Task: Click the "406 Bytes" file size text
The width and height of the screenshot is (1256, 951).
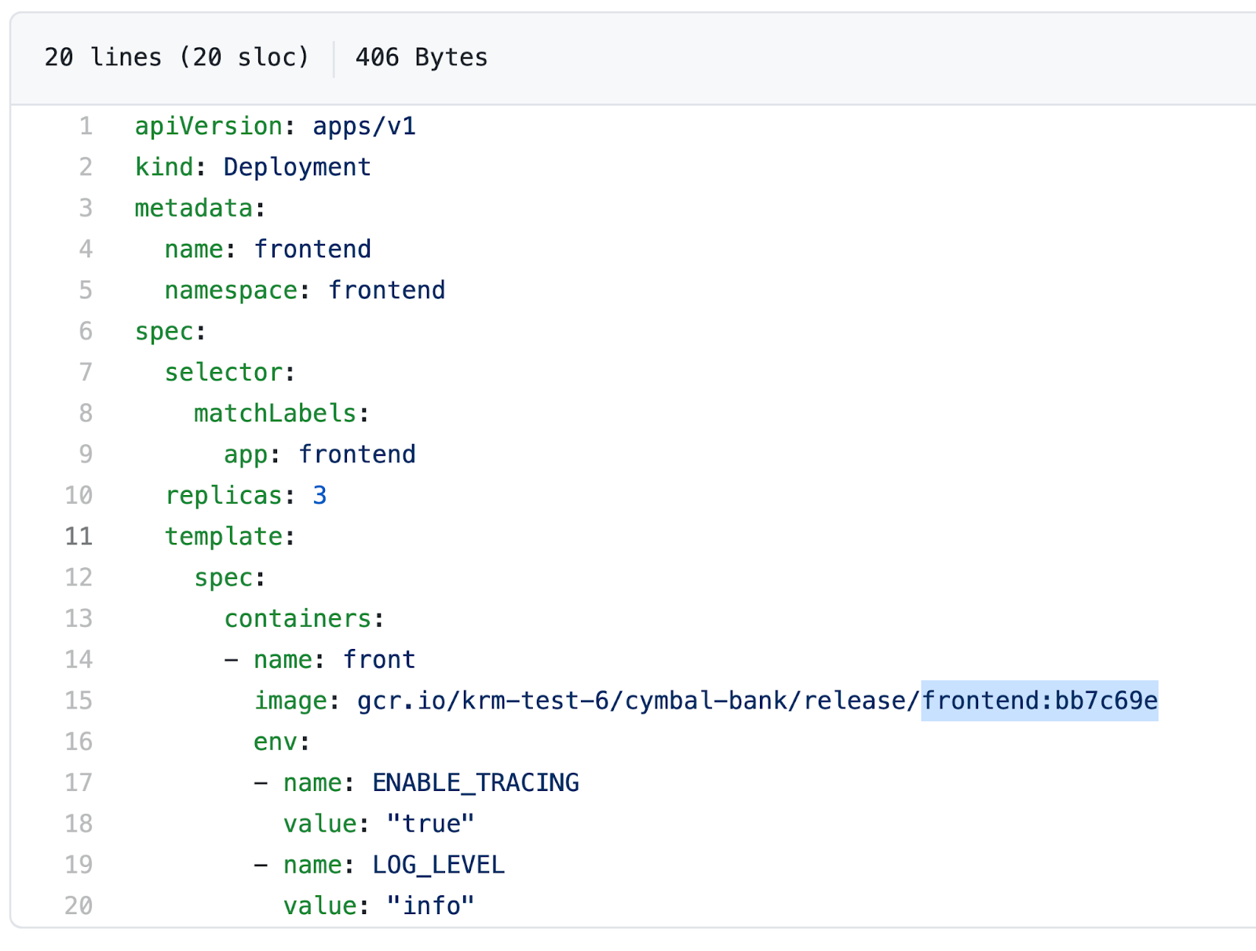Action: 421,57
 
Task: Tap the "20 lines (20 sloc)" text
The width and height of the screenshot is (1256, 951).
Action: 177,57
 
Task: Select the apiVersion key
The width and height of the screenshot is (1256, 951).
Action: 208,126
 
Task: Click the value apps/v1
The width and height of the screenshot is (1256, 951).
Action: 364,126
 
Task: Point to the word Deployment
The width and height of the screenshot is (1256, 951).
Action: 297,167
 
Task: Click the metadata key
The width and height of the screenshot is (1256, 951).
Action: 194,208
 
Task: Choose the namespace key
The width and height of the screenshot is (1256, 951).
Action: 231,290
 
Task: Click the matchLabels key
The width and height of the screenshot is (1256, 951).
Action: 275,414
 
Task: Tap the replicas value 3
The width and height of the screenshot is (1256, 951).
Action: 319,495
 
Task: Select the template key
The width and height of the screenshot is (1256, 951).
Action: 224,537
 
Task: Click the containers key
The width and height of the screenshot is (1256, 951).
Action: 298,618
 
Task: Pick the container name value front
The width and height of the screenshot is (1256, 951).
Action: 379,660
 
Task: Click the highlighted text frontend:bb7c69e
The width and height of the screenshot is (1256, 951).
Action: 1039,701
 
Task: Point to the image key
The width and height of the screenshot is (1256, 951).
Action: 290,701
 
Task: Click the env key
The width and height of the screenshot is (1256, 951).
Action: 276,741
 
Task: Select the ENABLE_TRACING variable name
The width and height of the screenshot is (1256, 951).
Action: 476,783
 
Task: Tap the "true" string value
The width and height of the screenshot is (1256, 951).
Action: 430,824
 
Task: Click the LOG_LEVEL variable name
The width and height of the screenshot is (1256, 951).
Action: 438,865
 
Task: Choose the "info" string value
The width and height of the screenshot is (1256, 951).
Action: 430,905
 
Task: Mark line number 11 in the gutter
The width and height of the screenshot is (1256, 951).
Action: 78,537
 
